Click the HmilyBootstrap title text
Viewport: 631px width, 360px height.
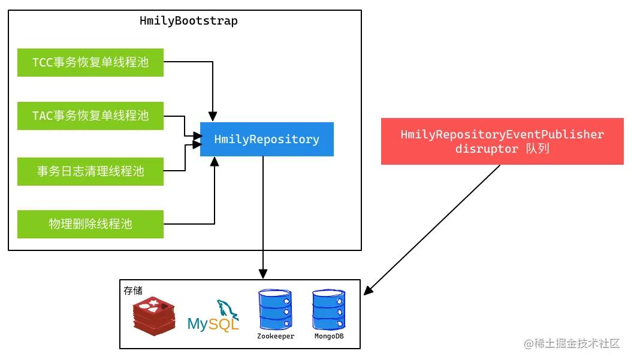tap(188, 21)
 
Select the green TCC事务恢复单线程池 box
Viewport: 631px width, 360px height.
tap(90, 62)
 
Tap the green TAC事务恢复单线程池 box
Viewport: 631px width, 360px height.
tap(90, 116)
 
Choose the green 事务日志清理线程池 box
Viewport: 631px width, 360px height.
tap(90, 171)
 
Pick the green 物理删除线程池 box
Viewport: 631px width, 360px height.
tap(90, 224)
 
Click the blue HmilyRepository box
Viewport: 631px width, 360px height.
tap(267, 140)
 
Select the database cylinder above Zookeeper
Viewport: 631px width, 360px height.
tap(274, 310)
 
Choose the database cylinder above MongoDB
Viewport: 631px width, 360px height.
tap(329, 310)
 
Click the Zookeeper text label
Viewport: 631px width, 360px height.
tap(275, 337)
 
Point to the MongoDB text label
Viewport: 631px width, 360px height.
tap(329, 337)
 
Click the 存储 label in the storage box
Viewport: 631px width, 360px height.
tap(133, 291)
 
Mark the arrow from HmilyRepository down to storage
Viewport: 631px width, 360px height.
tap(263, 216)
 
